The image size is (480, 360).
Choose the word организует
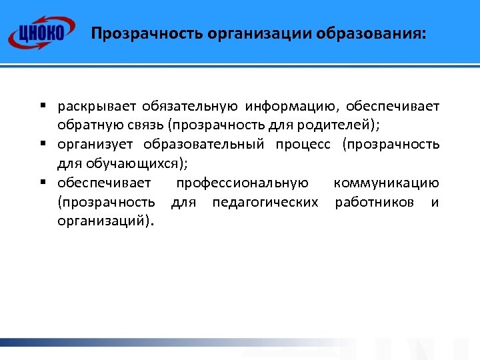95,145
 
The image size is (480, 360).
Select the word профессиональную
242,183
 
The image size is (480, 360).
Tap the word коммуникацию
386,183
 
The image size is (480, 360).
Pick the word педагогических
265,202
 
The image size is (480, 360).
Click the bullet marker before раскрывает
41,106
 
